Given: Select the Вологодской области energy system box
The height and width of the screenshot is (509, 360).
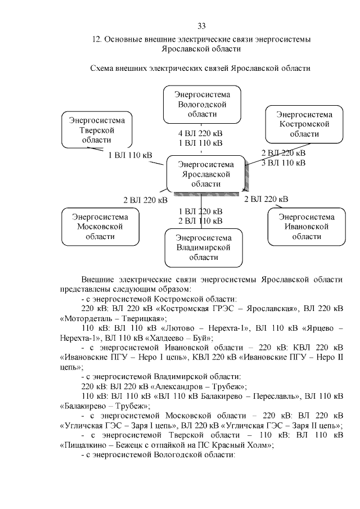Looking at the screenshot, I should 201,105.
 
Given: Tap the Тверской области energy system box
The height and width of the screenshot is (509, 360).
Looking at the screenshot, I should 97,130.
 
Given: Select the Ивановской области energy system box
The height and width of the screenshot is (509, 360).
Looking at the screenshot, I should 304,226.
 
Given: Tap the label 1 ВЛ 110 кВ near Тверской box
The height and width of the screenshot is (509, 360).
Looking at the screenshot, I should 130,155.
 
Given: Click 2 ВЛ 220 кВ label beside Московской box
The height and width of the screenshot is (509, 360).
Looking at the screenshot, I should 145,199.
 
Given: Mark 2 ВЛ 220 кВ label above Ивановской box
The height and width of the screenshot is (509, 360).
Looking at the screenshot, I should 266,199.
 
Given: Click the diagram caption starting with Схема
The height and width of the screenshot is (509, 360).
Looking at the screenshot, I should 201,68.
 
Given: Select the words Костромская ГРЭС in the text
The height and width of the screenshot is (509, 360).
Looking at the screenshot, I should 186,309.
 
